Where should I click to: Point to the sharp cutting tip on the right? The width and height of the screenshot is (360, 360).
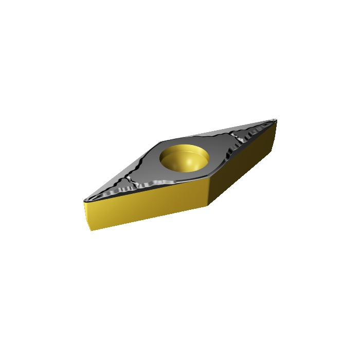[276, 121]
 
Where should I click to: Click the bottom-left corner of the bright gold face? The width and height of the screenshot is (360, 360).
[92, 230]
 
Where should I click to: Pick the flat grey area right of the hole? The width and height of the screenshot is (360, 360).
[219, 149]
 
